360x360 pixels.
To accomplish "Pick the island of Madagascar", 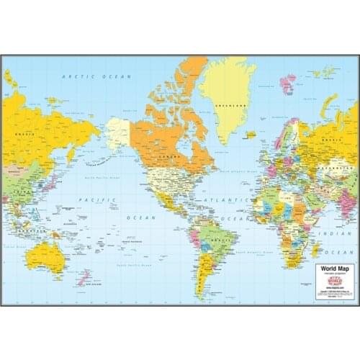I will [x=316, y=249].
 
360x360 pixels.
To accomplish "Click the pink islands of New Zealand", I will [x=84, y=277].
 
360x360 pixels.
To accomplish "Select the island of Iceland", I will [x=249, y=135].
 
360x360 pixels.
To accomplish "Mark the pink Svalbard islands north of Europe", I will [x=287, y=82].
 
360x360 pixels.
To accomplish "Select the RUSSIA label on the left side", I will [x=24, y=132].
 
